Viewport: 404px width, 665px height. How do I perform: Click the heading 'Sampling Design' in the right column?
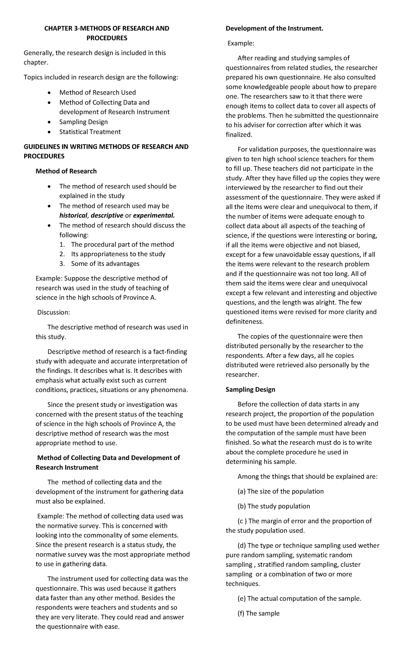click(250, 389)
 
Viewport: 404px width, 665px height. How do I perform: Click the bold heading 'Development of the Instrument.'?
click(274, 29)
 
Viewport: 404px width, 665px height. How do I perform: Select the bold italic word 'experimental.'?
click(154, 215)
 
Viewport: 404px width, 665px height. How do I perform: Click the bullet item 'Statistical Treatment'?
click(90, 132)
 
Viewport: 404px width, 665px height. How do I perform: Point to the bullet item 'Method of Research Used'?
click(97, 93)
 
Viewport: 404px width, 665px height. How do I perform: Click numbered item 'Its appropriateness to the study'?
click(118, 254)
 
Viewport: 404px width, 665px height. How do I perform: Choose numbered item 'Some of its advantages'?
click(105, 264)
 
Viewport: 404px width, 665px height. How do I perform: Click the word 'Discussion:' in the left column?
click(54, 312)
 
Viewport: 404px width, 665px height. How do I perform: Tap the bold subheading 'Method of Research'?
click(66, 171)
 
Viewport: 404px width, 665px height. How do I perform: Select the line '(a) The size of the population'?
click(280, 491)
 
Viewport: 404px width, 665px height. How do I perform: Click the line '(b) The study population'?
click(274, 506)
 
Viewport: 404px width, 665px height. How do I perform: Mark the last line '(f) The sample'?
click(258, 613)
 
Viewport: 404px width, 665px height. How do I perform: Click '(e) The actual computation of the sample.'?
click(299, 598)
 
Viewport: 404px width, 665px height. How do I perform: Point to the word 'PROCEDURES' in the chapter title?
click(107, 38)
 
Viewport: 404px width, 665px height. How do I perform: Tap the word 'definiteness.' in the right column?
click(244, 321)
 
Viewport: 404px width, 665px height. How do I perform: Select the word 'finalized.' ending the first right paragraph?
click(239, 135)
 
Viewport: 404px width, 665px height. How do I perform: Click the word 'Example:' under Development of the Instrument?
click(241, 43)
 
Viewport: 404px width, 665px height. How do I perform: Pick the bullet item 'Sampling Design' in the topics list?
click(83, 122)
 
